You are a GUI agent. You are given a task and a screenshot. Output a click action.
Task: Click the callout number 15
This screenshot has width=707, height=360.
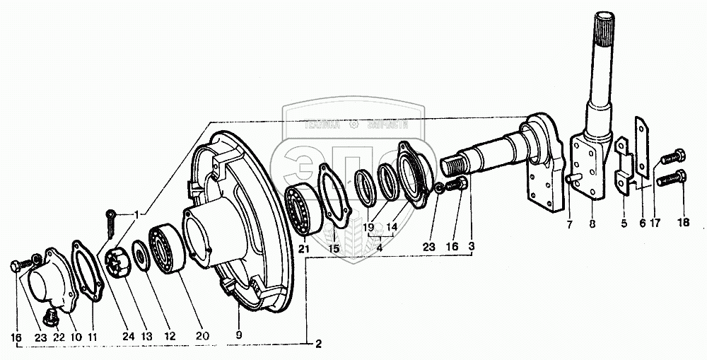[x=332, y=249]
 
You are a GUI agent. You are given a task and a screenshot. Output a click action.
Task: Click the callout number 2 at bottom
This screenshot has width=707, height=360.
[x=319, y=344]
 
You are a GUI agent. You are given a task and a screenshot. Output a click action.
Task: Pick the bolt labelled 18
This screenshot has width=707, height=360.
[x=670, y=180]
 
